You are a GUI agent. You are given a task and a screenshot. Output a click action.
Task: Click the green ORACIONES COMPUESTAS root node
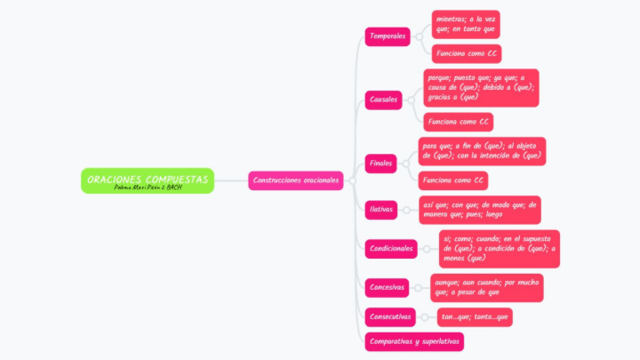147,180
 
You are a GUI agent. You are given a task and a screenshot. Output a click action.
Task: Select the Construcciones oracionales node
296,180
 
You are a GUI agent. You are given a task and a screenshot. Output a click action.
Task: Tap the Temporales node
387,36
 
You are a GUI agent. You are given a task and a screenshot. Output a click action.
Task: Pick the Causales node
383,100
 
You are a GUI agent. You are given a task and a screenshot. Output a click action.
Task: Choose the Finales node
381,163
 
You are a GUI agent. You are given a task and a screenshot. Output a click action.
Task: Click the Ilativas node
381,209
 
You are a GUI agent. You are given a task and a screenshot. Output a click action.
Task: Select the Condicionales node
391,248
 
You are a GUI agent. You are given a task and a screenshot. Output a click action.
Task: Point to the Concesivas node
387,287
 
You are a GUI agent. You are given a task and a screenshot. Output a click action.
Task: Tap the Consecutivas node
390,317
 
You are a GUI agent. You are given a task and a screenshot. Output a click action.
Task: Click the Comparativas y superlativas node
414,342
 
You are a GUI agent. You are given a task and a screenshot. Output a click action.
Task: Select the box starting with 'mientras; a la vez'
466,24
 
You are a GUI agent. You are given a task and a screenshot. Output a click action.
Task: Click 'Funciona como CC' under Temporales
466,54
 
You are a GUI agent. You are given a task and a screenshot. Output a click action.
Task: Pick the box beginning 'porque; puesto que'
481,87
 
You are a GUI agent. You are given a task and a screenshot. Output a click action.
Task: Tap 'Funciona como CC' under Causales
458,122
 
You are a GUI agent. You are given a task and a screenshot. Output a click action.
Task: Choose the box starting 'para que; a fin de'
482,151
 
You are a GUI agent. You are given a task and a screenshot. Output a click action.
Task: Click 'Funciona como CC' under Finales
453,181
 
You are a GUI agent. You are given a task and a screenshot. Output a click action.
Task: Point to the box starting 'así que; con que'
479,209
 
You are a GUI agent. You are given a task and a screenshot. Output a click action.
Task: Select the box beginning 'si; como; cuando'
500,248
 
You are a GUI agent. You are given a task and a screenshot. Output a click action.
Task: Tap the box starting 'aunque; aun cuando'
487,287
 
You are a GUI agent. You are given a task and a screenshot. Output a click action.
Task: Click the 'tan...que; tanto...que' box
475,317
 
